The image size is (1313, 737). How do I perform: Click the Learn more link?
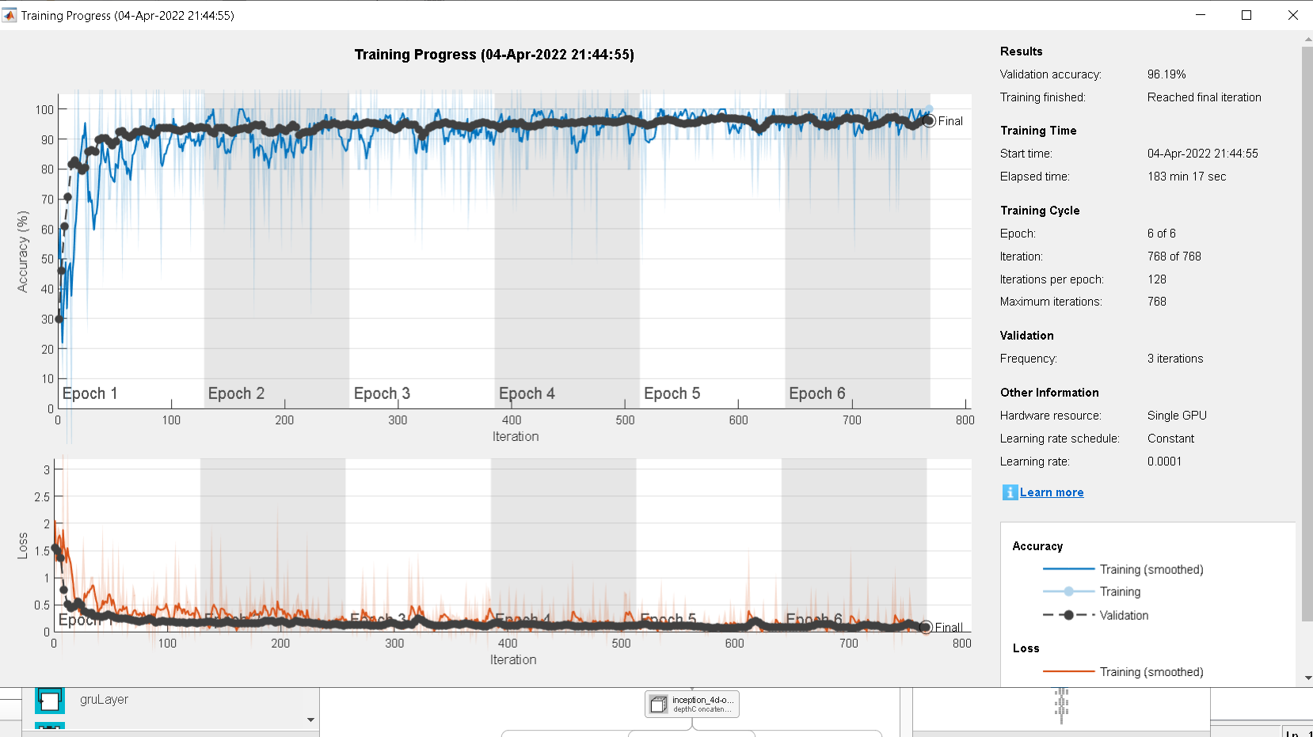click(1051, 492)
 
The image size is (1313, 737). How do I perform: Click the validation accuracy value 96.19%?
click(1166, 74)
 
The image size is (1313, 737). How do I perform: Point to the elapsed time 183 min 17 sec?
click(1186, 177)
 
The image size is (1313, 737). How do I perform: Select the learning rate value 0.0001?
click(1164, 462)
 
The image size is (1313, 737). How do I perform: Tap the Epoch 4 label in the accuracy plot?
click(527, 393)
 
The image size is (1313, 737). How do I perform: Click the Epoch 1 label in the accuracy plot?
click(89, 393)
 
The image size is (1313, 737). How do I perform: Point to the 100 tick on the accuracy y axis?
click(44, 110)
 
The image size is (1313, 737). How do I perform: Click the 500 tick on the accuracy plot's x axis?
click(625, 420)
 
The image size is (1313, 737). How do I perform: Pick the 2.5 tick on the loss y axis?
click(42, 497)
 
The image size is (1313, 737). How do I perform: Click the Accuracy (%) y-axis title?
click(23, 252)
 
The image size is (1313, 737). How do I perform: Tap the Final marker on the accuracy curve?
click(929, 121)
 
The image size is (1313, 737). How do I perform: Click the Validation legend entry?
click(1123, 615)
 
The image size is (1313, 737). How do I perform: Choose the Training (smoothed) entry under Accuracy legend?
click(1151, 569)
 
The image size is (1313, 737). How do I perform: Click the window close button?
click(1292, 15)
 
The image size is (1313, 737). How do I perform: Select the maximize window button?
click(1246, 15)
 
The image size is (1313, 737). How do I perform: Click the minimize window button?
click(1201, 15)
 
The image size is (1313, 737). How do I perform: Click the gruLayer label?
click(104, 700)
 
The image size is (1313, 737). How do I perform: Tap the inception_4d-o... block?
click(692, 704)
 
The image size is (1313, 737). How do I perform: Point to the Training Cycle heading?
click(1040, 211)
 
